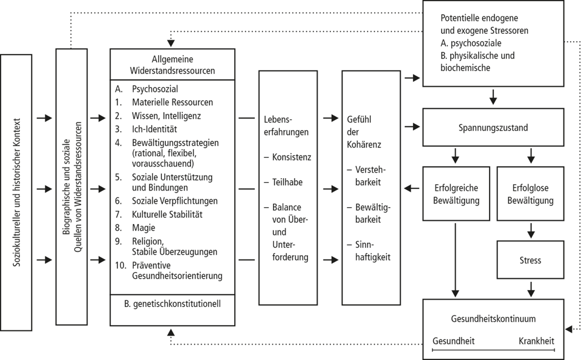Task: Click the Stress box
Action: [x=530, y=260]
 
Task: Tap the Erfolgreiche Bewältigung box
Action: [x=455, y=194]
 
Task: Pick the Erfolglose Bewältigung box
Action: [x=530, y=194]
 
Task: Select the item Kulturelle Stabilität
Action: [x=167, y=214]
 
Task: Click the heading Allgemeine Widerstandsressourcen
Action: [x=172, y=65]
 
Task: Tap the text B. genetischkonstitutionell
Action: [x=172, y=304]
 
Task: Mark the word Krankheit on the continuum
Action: [x=537, y=341]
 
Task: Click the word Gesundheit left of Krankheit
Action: [x=453, y=341]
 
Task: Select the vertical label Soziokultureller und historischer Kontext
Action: [x=16, y=193]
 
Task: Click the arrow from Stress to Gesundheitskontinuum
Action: [x=530, y=287]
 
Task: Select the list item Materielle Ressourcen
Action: [x=172, y=102]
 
